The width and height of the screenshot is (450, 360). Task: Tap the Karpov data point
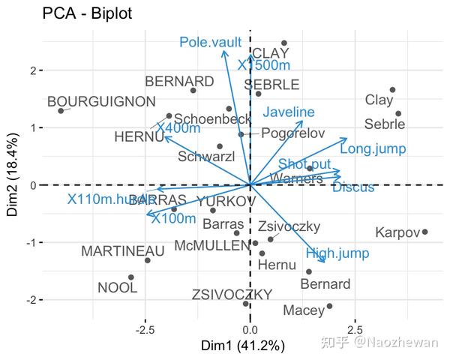[x=424, y=232]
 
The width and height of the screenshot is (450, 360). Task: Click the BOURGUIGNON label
[x=101, y=101]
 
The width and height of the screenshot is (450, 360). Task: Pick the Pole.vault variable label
[x=210, y=43]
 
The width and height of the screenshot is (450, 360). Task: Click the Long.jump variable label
[x=373, y=149]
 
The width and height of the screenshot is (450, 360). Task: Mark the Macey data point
[x=329, y=306]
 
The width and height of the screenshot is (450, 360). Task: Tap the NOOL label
[x=118, y=287]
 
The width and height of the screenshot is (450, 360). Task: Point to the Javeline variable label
[x=289, y=112]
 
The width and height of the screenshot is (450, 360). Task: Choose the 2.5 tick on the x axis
[x=355, y=329]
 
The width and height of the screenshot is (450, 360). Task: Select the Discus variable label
[x=353, y=187]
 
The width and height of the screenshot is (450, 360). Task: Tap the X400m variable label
[x=178, y=128]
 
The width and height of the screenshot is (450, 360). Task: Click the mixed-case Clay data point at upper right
[x=392, y=90]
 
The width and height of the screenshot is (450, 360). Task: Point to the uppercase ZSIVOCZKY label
[x=231, y=295]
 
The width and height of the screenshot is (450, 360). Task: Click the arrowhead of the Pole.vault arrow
[x=223, y=55]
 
